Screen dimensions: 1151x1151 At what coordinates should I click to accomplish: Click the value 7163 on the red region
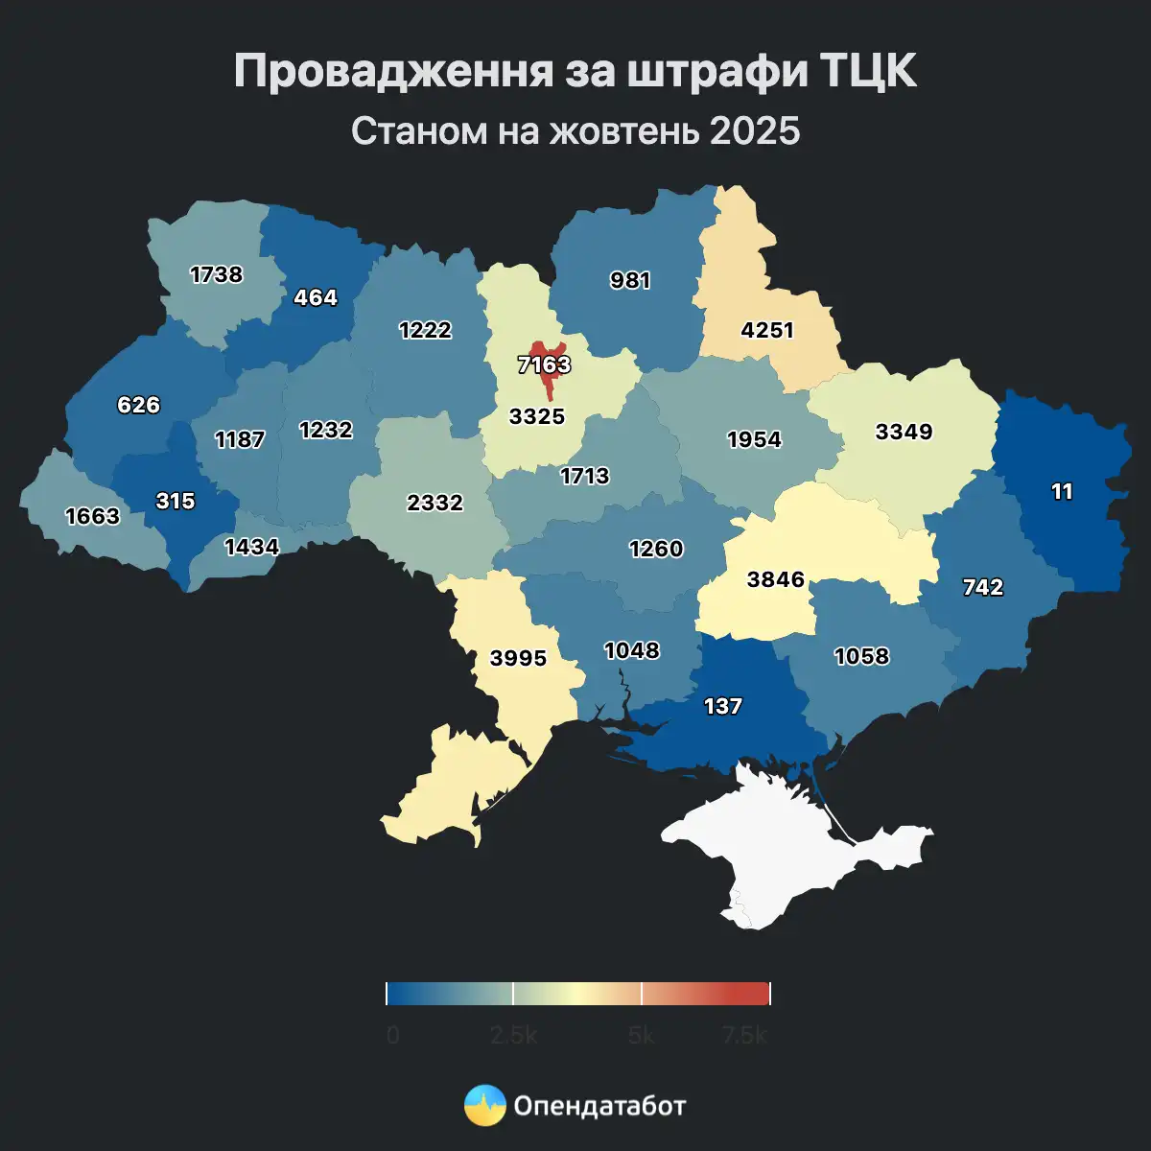(544, 365)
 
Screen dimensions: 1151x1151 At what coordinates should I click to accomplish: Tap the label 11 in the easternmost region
(1062, 492)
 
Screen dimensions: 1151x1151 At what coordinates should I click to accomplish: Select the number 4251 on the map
(767, 330)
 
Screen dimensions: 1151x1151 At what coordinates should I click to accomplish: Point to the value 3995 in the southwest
(518, 658)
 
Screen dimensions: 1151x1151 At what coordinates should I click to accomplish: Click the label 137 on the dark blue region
(723, 707)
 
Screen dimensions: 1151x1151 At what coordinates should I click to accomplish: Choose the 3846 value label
(776, 579)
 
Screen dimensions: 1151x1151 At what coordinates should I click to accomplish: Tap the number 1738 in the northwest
(217, 275)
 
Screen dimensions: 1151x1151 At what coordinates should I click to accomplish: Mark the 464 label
(316, 298)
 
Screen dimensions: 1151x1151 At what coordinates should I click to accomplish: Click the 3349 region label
(904, 432)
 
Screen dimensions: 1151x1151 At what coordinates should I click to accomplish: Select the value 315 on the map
(176, 502)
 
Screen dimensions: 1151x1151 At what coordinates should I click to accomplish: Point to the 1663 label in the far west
(93, 517)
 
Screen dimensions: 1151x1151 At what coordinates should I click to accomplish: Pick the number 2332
(435, 503)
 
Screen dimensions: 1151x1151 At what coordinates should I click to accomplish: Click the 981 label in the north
(630, 281)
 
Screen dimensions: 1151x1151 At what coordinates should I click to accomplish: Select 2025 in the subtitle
(755, 130)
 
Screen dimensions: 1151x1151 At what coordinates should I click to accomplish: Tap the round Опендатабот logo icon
(485, 1105)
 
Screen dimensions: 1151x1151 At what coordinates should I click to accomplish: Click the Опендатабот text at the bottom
(600, 1106)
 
